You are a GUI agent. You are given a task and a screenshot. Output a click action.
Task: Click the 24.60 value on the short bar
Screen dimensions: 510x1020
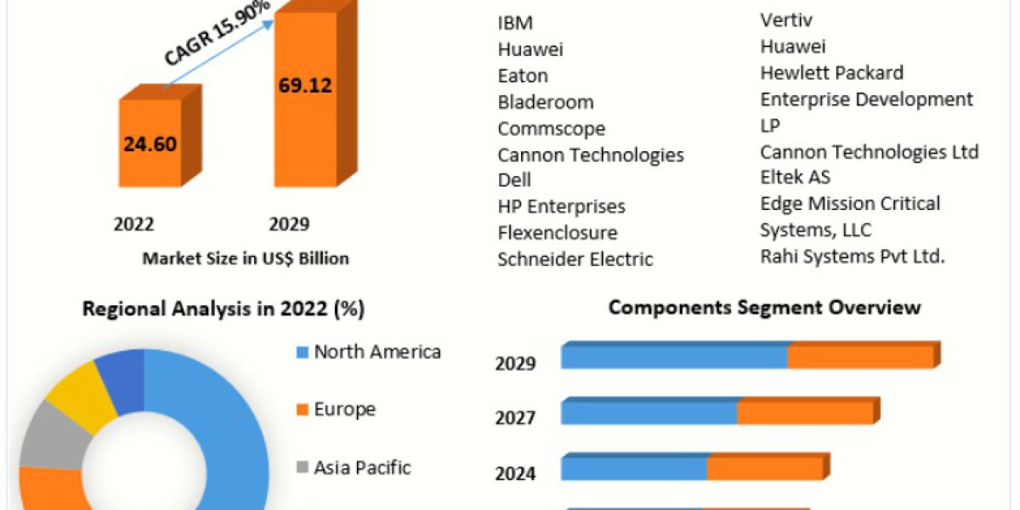150,144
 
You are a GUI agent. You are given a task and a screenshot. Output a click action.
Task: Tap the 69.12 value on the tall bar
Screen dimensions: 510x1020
304,85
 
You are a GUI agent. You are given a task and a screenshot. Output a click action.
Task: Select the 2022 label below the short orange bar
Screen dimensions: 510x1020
134,224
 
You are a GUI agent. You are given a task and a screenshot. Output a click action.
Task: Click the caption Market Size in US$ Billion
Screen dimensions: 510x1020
245,258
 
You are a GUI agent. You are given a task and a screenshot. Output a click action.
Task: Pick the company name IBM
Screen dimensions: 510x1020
515,23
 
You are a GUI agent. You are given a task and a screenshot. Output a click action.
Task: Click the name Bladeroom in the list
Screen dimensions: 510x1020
546,102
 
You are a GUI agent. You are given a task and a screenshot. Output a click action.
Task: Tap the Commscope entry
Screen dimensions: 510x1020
552,128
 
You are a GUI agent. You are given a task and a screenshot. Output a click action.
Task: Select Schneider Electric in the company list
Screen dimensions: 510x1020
575,259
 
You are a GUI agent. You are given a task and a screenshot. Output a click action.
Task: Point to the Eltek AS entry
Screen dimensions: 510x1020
796,177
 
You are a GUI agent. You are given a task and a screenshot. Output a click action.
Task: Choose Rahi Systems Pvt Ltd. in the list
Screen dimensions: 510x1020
853,256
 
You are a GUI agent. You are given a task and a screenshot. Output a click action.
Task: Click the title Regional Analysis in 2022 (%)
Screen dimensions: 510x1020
224,309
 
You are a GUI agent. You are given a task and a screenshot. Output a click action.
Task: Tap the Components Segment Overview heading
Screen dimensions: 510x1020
764,307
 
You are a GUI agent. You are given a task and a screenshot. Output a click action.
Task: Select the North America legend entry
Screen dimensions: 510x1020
377,352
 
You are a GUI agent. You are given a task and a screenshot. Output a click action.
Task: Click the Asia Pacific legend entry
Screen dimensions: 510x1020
361,467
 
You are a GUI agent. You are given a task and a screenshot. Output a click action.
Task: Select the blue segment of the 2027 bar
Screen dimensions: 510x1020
649,413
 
